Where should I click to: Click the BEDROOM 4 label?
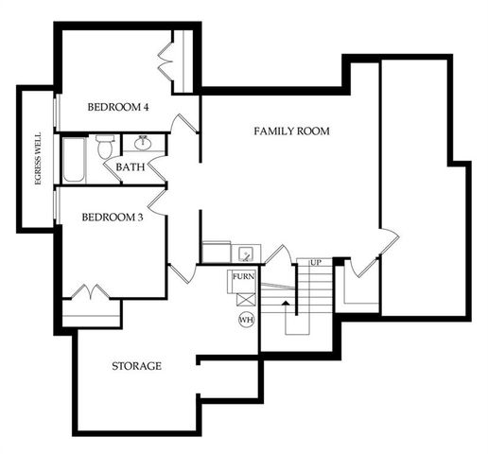click(x=118, y=107)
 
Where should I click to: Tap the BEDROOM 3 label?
click(x=112, y=218)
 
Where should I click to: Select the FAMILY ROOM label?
click(x=291, y=131)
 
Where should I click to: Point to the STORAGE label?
click(x=137, y=365)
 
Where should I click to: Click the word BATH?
click(x=130, y=167)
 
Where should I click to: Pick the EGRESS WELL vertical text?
click(x=38, y=157)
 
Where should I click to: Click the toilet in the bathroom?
click(x=105, y=148)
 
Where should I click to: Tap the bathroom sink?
click(x=144, y=144)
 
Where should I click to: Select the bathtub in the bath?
click(x=74, y=161)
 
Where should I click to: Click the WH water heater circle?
click(x=246, y=320)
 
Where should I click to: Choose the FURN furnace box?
click(x=243, y=277)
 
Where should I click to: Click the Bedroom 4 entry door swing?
click(x=186, y=123)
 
